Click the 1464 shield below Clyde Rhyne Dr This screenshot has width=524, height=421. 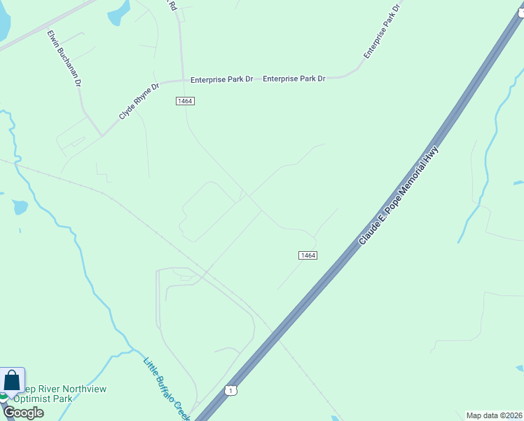pyautogui.click(x=185, y=101)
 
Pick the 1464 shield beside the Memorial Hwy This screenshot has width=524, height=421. pyautogui.click(x=308, y=255)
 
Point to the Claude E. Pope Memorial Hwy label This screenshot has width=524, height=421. pyautogui.click(x=399, y=196)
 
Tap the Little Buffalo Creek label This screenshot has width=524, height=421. pyautogui.click(x=167, y=389)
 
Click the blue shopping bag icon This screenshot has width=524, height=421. pyautogui.click(x=13, y=380)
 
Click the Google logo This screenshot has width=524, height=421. pyautogui.click(x=23, y=412)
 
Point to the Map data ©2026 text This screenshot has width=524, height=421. pyautogui.click(x=494, y=415)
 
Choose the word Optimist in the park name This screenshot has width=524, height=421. pyautogui.click(x=31, y=399)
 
